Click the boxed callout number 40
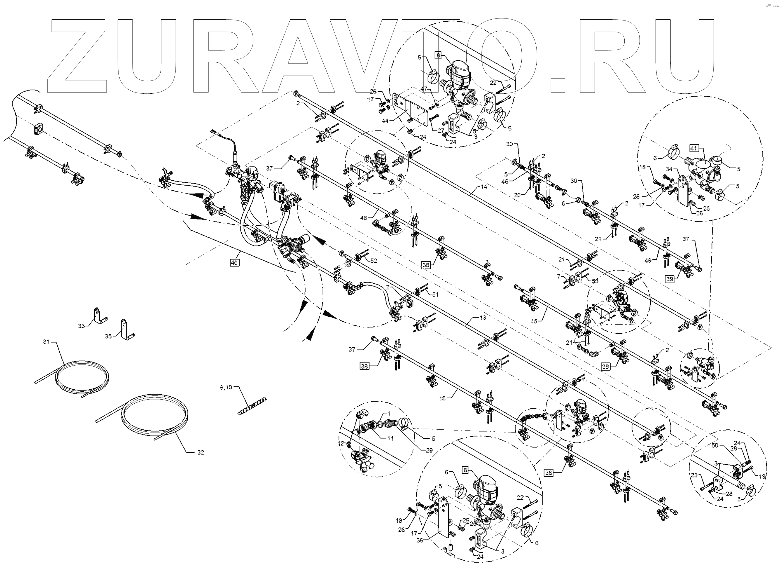click(x=234, y=263)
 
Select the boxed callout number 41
click(x=694, y=148)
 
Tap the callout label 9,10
click(x=226, y=387)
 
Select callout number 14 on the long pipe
click(x=484, y=187)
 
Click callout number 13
click(x=482, y=318)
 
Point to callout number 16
click(x=442, y=398)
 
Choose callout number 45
click(x=534, y=321)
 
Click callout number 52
click(x=374, y=261)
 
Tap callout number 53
click(x=595, y=281)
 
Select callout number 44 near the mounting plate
click(x=385, y=121)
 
